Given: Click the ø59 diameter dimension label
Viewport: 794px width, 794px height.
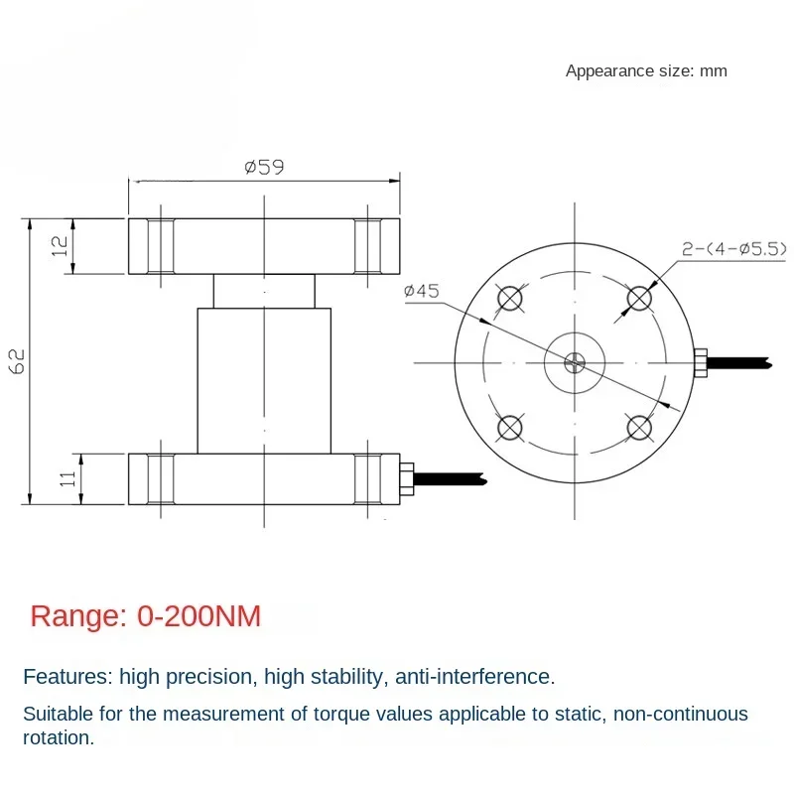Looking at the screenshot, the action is [264, 167].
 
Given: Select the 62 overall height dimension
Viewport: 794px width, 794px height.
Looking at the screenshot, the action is [18, 360].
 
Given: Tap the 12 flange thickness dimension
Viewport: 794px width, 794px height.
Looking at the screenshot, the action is [61, 246].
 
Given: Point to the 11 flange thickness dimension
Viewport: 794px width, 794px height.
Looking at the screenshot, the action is [67, 478].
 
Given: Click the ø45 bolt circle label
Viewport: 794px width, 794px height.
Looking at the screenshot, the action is [421, 291].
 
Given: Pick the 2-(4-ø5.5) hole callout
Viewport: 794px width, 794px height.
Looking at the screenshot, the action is [734, 249].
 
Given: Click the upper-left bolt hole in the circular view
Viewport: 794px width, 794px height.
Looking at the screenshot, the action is [510, 298].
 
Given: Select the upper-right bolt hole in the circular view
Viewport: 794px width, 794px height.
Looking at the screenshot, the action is [639, 298].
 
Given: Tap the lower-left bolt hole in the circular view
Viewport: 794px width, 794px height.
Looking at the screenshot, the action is [510, 428].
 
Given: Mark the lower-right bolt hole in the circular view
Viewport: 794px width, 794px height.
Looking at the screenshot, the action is [639, 428].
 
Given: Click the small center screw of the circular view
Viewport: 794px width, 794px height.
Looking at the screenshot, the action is [575, 362].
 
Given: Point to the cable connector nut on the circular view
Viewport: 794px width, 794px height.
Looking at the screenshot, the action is [701, 362].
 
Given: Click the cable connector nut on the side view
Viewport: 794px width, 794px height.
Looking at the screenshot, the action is [407, 478].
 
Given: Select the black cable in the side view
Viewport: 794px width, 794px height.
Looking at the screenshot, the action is [451, 478].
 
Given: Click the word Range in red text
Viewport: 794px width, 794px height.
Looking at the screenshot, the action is [78, 617].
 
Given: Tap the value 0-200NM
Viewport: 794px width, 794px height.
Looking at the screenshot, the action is [199, 616].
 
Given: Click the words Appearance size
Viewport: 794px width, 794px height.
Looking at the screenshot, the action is [629, 70].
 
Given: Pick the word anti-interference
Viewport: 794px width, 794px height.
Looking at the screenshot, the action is [474, 677].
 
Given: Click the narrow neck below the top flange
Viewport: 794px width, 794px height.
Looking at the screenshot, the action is [264, 291].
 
